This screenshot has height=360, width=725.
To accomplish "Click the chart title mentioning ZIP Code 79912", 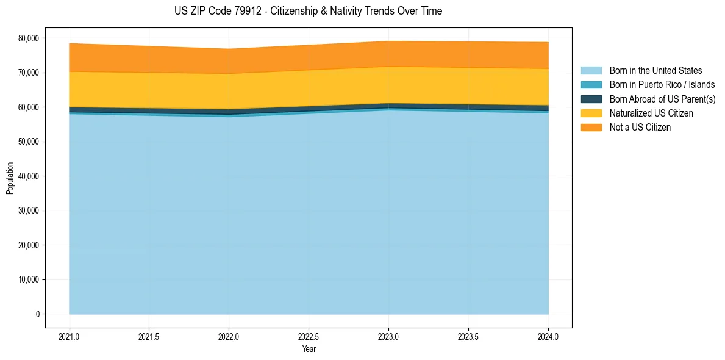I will coord(308,11).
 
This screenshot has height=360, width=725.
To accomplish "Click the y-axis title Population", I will coord(10,178).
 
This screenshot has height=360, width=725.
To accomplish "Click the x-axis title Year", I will coord(309,350).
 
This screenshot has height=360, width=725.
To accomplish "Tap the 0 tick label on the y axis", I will coord(37,314).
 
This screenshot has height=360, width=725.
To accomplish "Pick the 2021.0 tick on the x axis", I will coord(69,336).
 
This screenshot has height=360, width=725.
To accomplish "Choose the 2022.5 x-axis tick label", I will coord(309,336).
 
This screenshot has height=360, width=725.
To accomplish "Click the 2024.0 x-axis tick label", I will coord(548,336).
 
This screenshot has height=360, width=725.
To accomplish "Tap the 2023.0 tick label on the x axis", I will coord(388,336).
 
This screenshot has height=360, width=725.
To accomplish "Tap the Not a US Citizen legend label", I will coord(640,128).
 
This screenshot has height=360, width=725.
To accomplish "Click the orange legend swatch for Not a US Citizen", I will coord(591,128).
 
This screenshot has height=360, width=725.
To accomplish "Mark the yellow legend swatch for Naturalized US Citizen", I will coord(591,113).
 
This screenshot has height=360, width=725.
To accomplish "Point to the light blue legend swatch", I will coord(591,71).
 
